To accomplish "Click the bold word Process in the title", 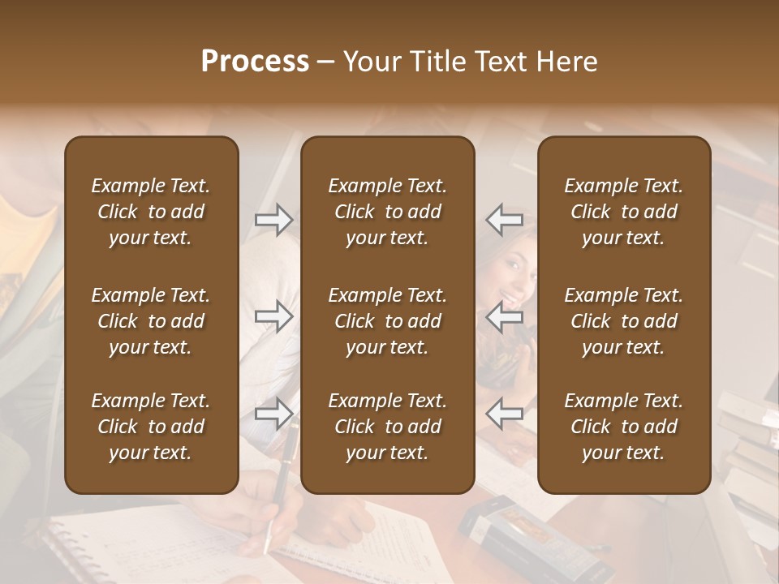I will pos(255,61).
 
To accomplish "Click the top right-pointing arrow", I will pos(274,220).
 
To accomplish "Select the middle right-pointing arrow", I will pos(274,317).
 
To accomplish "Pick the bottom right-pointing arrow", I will pos(274,414).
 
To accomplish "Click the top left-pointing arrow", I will pos(505,220).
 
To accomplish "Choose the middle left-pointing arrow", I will pos(505,317).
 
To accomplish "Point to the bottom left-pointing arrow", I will pos(505,414).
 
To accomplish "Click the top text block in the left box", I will pos(151,212).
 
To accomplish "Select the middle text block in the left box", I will pos(151,321).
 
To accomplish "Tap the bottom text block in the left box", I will pos(151,427).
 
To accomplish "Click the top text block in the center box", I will pos(388,212).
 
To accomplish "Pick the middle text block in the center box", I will pos(388,321).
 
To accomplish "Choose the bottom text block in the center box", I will pos(388,427).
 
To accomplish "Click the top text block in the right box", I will pos(624,212).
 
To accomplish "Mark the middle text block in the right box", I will pos(624,321).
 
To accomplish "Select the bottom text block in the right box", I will pos(624,427).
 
